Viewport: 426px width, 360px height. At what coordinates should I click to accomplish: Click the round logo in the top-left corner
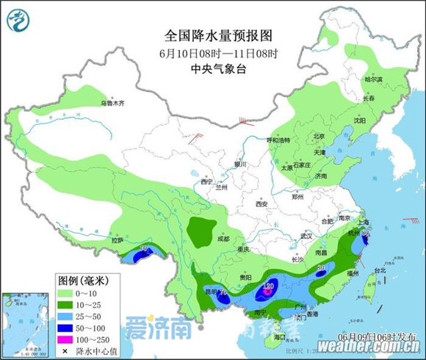coord(21,20)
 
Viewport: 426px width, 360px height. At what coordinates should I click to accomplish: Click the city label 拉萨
coord(118,240)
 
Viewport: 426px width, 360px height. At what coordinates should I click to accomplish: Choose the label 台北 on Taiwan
coord(380,270)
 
